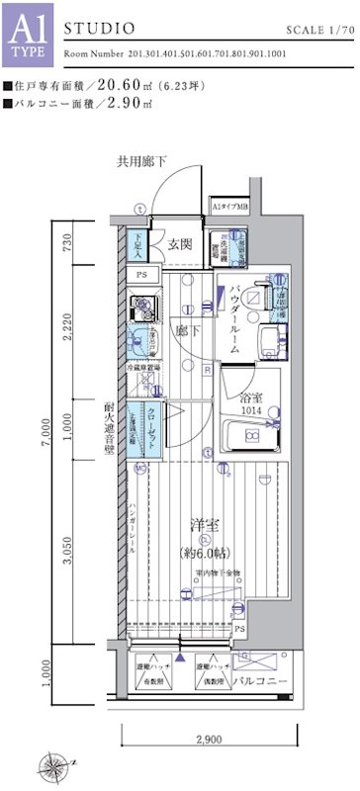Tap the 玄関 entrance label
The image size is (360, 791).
[179, 244]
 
